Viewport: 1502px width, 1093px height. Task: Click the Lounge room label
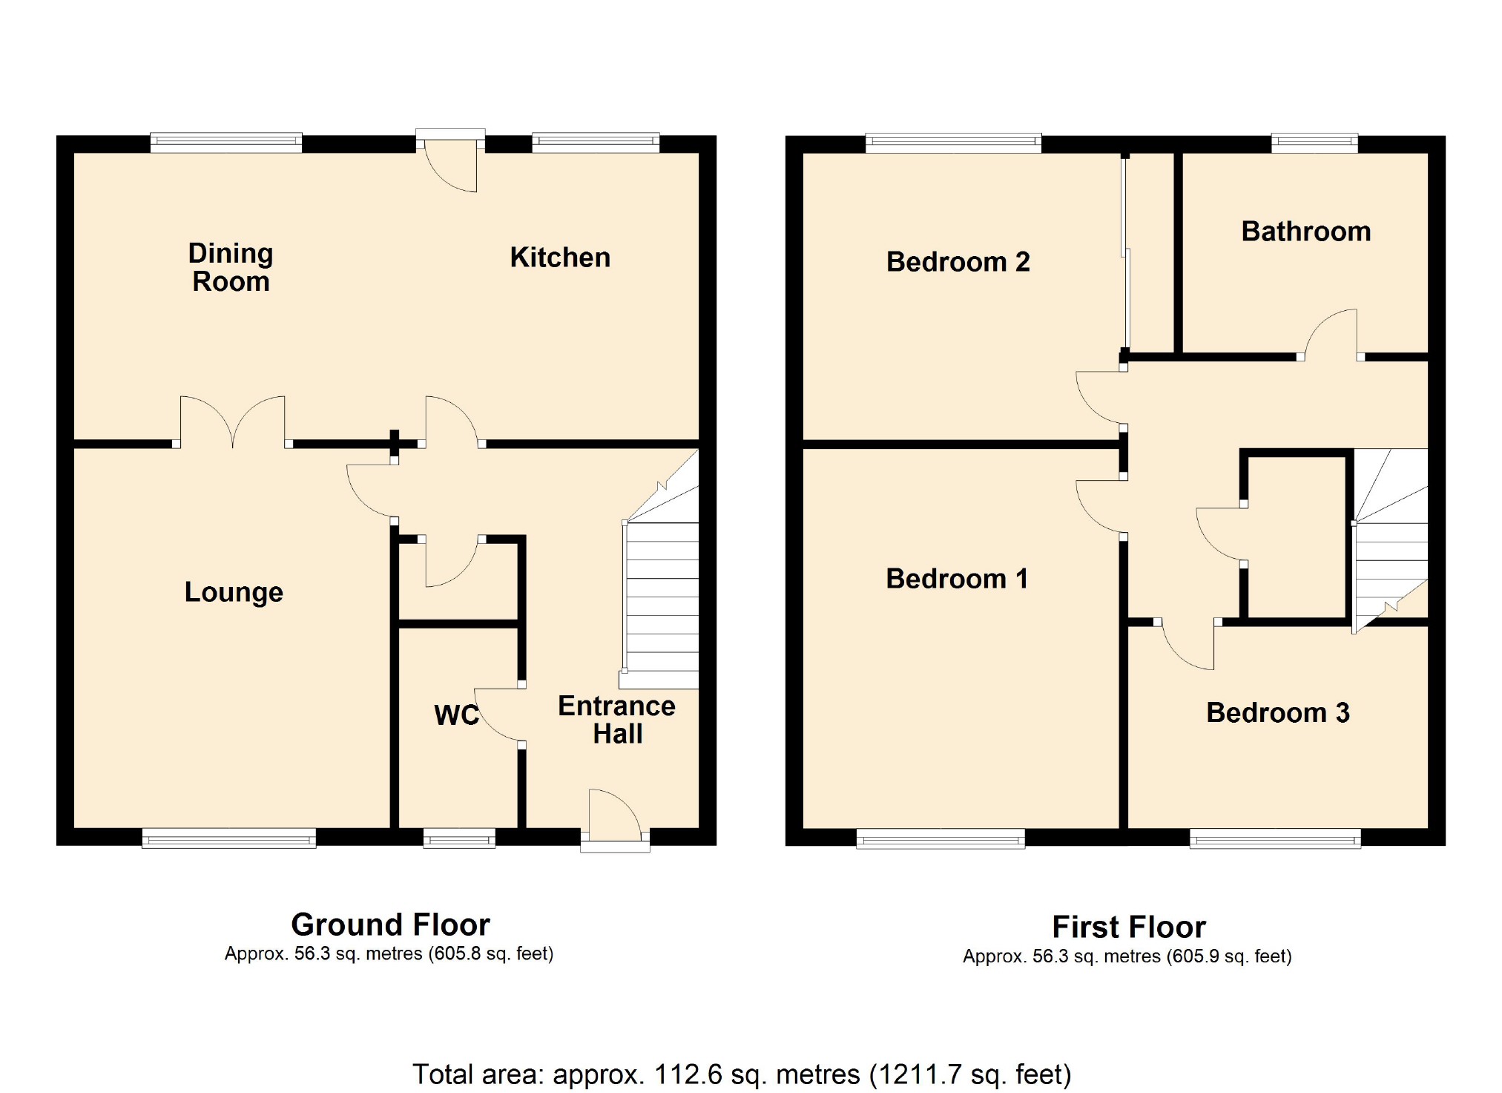pyautogui.click(x=234, y=592)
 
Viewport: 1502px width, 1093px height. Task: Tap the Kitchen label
pyautogui.click(x=560, y=257)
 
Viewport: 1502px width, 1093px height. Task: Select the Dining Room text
pyautogui.click(x=231, y=267)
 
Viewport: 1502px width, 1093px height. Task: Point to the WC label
pyautogui.click(x=456, y=715)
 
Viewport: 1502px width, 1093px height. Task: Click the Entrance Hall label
pyautogui.click(x=616, y=720)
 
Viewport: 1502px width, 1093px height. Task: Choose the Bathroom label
pyautogui.click(x=1306, y=232)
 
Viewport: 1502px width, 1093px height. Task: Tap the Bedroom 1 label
pyautogui.click(x=957, y=579)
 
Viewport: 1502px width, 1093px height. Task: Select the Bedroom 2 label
pyautogui.click(x=958, y=262)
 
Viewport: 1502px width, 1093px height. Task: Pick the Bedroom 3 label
pyautogui.click(x=1278, y=712)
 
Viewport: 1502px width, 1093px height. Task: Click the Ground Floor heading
pyautogui.click(x=390, y=925)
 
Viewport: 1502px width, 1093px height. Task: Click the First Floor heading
pyautogui.click(x=1129, y=927)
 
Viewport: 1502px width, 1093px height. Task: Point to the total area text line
pyautogui.click(x=742, y=1074)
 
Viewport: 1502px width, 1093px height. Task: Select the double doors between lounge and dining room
pyautogui.click(x=233, y=423)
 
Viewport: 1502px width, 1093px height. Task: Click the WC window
pyautogui.click(x=459, y=838)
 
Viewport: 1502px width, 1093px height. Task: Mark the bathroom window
pyautogui.click(x=1314, y=143)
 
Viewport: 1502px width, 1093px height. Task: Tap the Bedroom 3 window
pyautogui.click(x=1275, y=838)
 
